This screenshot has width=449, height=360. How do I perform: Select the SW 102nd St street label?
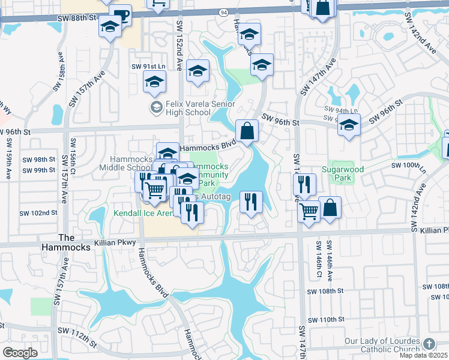click(x=38, y=213)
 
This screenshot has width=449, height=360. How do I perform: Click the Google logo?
click(x=20, y=352)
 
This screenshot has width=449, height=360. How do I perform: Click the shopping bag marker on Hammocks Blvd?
click(x=247, y=131)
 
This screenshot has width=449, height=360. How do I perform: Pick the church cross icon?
click(x=428, y=343)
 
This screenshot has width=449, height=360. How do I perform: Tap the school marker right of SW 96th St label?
click(x=349, y=126)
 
